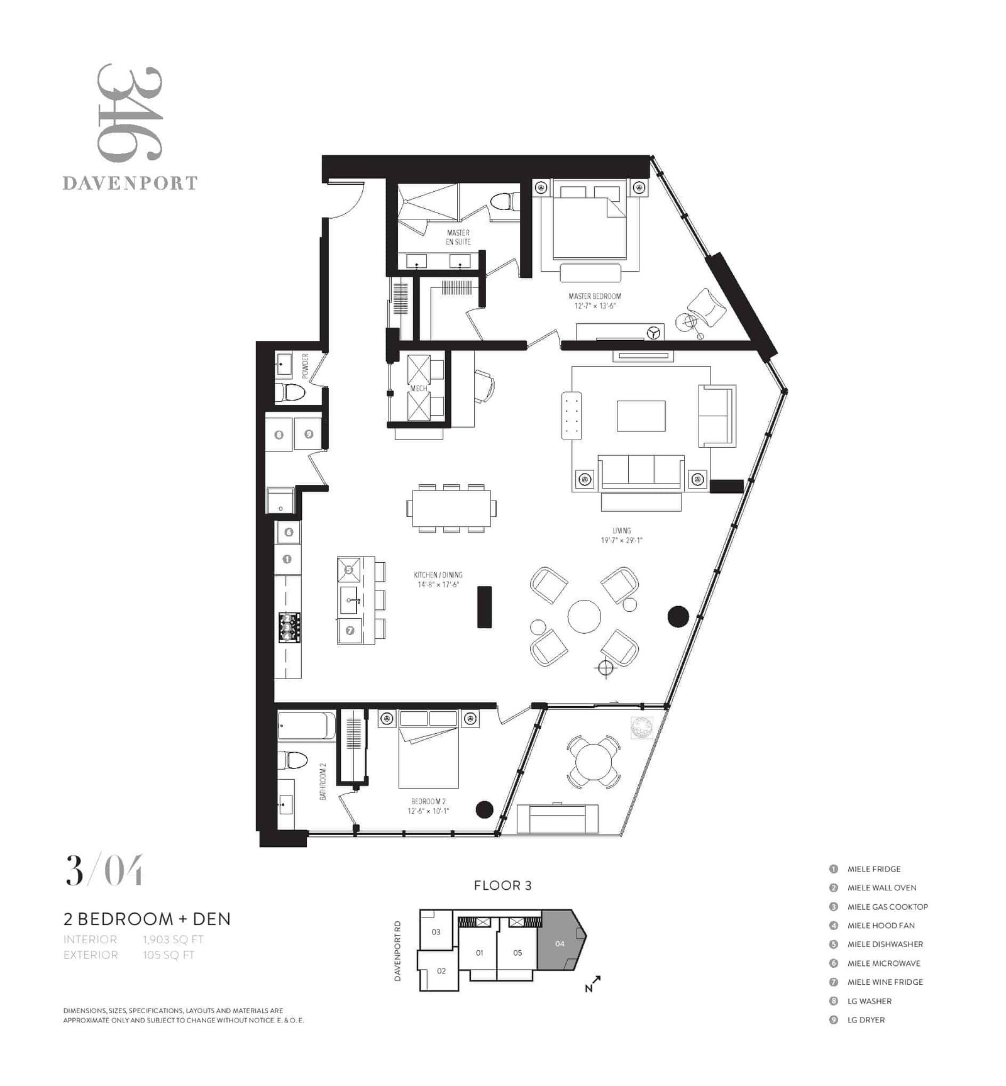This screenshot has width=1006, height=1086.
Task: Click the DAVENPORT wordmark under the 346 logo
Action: (x=130, y=183)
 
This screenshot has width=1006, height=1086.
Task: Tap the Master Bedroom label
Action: (x=594, y=296)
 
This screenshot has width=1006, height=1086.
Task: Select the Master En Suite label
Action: (x=458, y=237)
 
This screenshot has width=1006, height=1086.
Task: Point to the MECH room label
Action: (x=419, y=389)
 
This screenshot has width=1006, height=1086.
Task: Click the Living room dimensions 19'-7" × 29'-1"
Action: (x=621, y=540)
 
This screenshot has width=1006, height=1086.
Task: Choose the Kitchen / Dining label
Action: (x=438, y=575)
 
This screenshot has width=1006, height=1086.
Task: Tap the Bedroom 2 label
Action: (x=428, y=801)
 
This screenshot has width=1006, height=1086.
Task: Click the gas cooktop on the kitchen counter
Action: (x=289, y=627)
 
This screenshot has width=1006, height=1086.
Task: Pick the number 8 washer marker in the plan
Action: (x=279, y=435)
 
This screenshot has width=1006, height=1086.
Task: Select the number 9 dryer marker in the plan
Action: (x=309, y=434)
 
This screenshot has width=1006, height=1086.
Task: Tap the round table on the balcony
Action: (x=594, y=761)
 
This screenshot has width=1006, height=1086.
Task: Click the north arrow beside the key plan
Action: (x=593, y=984)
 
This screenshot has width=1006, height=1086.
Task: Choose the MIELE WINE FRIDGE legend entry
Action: (x=885, y=982)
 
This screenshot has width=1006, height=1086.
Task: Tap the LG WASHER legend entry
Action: (x=870, y=1001)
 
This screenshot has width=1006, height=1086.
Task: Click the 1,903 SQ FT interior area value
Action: (x=174, y=939)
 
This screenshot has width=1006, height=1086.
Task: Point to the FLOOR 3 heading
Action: (x=503, y=885)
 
